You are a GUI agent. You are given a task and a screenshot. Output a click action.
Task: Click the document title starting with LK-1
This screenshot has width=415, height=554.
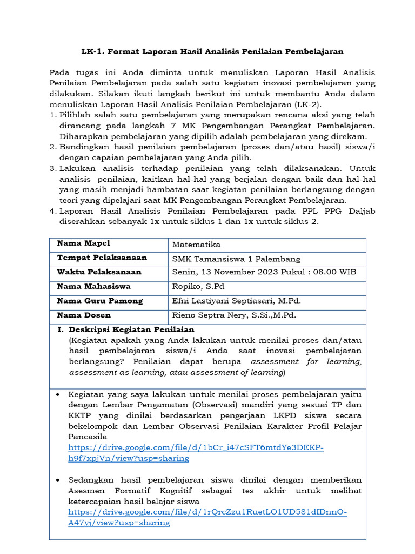tap(212, 51)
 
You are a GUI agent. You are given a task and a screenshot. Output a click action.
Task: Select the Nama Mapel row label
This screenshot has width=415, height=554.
tap(84, 243)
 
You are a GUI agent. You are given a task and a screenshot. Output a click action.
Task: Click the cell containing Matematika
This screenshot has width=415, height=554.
tap(196, 245)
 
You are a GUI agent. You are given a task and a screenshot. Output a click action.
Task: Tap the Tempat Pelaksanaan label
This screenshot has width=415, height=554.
tap(102, 258)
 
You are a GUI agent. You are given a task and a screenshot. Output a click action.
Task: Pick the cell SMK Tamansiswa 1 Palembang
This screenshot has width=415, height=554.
tap(236, 259)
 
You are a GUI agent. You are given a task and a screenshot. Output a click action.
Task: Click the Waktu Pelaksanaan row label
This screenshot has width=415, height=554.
tap(99, 272)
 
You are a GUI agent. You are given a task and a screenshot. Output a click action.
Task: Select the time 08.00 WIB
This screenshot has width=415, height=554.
tap(331, 272)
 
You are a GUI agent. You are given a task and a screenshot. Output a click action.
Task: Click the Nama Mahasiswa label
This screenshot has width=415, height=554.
tap(93, 286)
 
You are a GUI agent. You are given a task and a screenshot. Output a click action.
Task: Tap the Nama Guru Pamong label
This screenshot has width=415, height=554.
tap(100, 300)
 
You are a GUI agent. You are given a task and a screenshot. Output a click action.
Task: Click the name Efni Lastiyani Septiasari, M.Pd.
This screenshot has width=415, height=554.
tap(236, 301)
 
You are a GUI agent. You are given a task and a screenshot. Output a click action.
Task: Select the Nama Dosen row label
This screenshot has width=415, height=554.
tap(84, 315)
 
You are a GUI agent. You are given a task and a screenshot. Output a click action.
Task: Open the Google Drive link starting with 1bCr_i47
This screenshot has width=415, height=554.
tap(196, 453)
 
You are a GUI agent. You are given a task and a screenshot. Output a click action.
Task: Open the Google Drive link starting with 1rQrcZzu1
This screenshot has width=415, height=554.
tap(207, 517)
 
